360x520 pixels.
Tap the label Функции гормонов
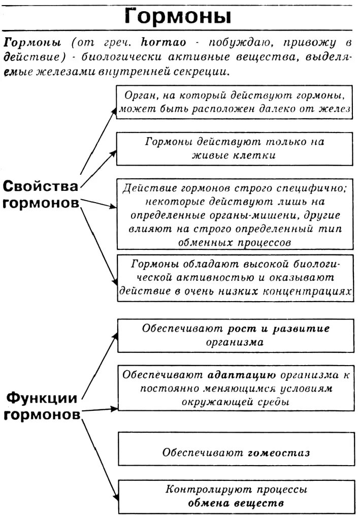pyautogui.click(x=42, y=406)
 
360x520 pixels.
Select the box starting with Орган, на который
pyautogui.click(x=234, y=102)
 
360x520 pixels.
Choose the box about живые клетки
pyautogui.click(x=234, y=148)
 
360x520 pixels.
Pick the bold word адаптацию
pyautogui.click(x=242, y=375)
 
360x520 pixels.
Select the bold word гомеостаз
pyautogui.click(x=278, y=452)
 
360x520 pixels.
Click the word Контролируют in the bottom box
pyautogui.click(x=200, y=490)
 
